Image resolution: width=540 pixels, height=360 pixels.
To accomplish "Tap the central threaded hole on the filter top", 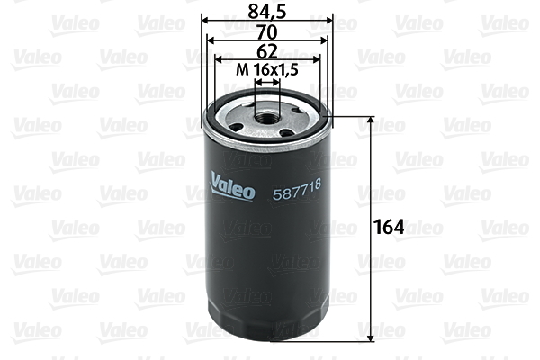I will (x=267, y=115).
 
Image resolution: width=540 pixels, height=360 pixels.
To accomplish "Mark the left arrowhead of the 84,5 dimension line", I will (x=204, y=19).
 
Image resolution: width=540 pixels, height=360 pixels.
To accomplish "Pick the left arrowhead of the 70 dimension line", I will (x=210, y=39).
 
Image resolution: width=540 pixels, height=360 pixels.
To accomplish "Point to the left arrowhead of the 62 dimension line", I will (x=216, y=59).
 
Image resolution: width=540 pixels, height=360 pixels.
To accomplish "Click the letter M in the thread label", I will (x=240, y=69).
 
